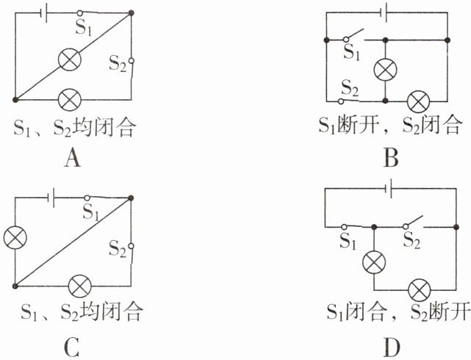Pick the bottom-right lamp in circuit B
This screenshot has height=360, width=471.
click(x=419, y=98)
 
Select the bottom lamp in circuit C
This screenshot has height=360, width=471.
click(x=80, y=284)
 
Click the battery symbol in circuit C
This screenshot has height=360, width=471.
click(x=51, y=198)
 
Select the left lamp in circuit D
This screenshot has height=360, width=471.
click(x=375, y=262)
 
